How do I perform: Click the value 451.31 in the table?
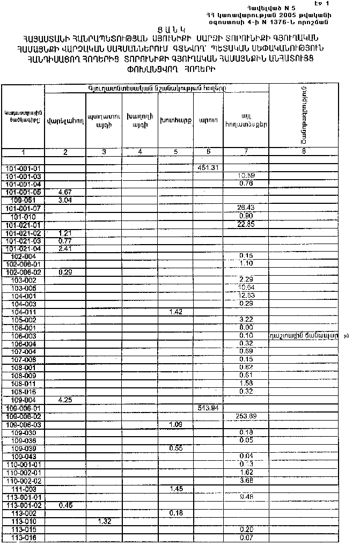click(208, 168)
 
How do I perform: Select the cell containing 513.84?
click(208, 408)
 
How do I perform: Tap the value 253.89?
click(246, 416)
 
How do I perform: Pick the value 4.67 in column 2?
click(64, 192)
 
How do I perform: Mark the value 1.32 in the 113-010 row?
click(104, 521)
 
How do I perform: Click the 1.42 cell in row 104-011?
click(175, 312)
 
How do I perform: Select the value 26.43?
click(246, 208)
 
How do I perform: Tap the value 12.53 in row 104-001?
click(246, 296)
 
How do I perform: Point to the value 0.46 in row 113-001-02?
click(64, 505)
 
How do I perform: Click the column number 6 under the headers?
click(208, 152)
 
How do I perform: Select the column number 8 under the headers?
click(304, 152)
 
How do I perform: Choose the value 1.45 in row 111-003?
click(175, 489)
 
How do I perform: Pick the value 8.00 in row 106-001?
click(246, 328)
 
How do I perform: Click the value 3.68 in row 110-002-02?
click(246, 481)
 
